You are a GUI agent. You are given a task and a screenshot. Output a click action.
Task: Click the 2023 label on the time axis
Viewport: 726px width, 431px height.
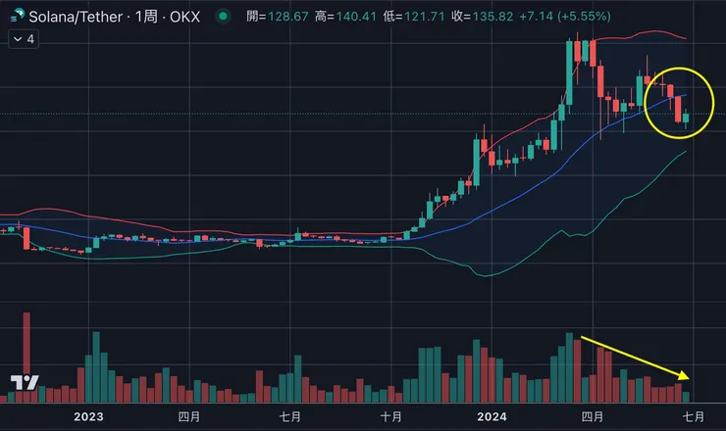(x=88, y=416)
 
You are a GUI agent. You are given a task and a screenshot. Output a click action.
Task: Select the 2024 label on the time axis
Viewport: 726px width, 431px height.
(x=492, y=416)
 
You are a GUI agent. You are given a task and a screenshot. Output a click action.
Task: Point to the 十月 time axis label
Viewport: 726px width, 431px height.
(x=390, y=416)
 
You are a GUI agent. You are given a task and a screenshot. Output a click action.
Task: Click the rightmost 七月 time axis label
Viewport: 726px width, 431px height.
(x=693, y=416)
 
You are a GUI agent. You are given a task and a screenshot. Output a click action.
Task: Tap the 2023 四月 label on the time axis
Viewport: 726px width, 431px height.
(x=189, y=416)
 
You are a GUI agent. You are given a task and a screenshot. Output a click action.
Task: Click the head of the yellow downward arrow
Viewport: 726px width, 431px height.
(x=689, y=378)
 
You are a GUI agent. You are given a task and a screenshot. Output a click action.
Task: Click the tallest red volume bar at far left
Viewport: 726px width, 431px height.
(x=26, y=357)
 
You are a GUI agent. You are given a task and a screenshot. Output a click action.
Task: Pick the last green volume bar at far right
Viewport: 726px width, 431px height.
(x=687, y=397)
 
